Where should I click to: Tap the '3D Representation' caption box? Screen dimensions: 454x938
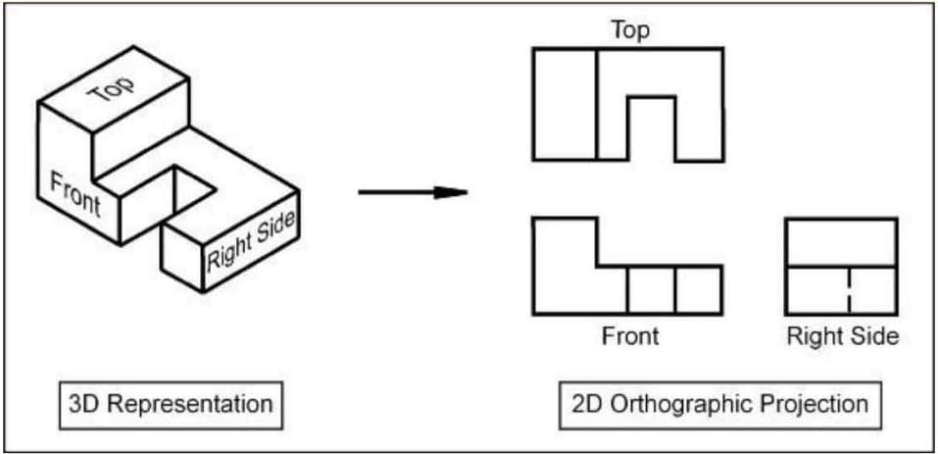click(168, 404)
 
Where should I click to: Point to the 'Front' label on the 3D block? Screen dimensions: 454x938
click(74, 192)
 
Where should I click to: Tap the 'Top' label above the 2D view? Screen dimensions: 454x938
click(630, 30)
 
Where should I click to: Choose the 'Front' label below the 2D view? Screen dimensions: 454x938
click(630, 336)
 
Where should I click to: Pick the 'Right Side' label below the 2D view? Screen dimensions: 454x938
click(843, 336)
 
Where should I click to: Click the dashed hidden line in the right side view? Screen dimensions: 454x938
click(849, 290)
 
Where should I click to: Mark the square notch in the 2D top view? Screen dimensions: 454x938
click(651, 127)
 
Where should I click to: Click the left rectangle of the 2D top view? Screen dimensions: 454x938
click(566, 104)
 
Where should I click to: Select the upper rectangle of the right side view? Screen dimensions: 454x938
click(842, 242)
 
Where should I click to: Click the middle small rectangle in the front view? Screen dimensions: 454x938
click(651, 290)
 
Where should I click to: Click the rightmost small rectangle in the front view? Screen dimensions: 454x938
click(699, 290)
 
